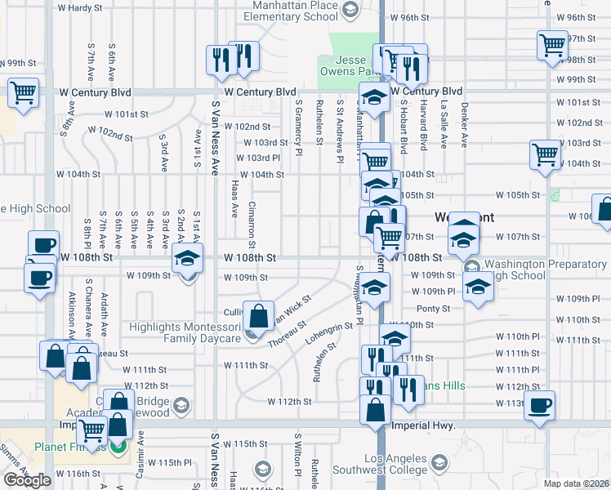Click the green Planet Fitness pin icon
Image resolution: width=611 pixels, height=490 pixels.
[x=118, y=447]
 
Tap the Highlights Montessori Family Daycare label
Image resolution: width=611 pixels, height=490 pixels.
[x=185, y=332]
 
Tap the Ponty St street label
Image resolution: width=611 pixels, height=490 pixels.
[x=433, y=309]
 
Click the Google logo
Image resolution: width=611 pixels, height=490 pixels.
[x=26, y=480]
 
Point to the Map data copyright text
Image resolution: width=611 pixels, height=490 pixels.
[x=576, y=483]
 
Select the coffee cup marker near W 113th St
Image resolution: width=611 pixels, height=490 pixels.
[x=538, y=405]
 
